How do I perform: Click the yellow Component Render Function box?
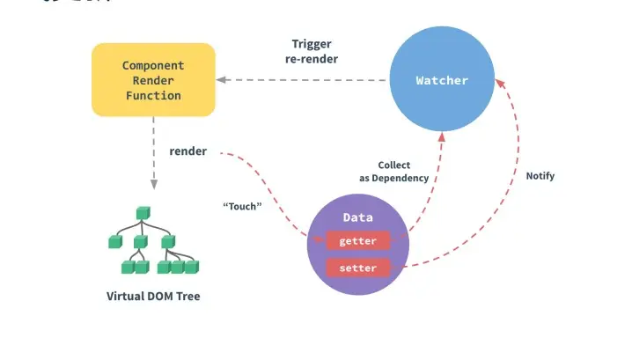[153, 79]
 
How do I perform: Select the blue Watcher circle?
[442, 80]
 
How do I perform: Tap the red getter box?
[357, 241]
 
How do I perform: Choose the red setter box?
[357, 268]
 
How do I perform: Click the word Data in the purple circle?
[357, 217]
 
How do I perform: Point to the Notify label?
[540, 176]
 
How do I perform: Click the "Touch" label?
[243, 207]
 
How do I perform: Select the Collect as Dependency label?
[393, 172]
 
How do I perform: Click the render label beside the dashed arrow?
[188, 151]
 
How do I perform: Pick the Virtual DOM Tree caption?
[153, 297]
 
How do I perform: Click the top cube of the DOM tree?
[142, 213]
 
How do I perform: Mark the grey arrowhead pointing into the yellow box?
[221, 80]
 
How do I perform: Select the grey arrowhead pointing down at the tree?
[153, 185]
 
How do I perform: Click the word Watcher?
[442, 80]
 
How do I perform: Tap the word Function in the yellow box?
[153, 95]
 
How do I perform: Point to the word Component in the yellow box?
[153, 65]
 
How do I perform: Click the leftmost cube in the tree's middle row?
[114, 240]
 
